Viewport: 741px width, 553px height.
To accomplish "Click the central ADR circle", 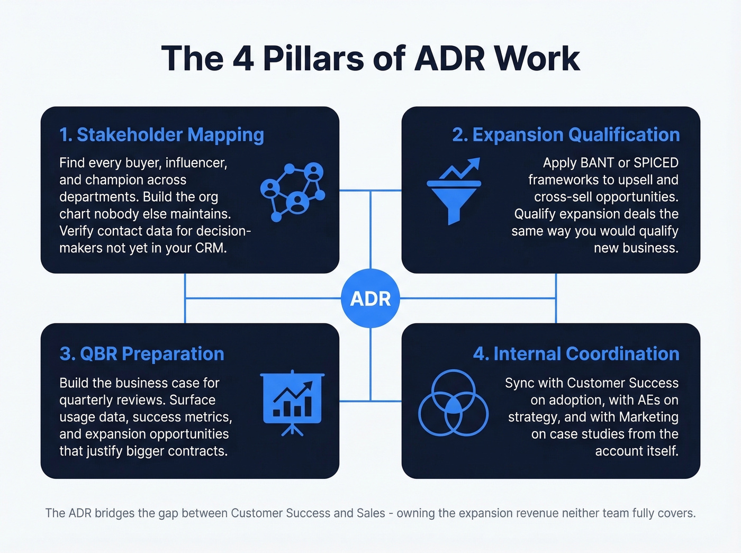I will (x=370, y=298).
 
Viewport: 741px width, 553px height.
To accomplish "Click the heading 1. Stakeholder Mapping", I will (x=161, y=135).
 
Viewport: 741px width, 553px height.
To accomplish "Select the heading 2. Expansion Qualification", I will (x=565, y=135).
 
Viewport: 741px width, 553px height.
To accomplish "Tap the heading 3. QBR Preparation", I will (x=142, y=353).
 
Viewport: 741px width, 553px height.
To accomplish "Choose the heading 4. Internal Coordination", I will (x=576, y=353).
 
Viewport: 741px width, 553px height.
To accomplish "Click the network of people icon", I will (x=293, y=192).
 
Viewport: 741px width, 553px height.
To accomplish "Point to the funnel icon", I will (x=454, y=192).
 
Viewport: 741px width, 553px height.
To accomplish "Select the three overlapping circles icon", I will (x=453, y=403).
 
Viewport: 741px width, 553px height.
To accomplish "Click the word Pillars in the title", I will (x=313, y=58).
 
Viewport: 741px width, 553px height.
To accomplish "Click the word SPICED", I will (x=656, y=163).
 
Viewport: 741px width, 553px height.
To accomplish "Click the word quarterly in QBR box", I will (x=86, y=400).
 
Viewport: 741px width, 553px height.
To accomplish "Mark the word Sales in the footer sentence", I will (x=370, y=513).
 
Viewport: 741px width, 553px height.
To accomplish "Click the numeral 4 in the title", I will (x=243, y=58).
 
